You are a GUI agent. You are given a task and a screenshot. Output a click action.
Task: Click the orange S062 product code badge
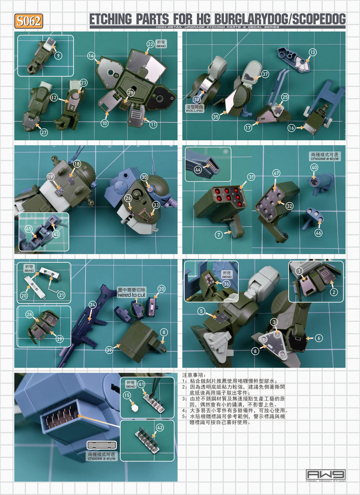point(29,21)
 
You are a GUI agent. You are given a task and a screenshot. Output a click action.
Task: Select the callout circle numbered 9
point(58,56)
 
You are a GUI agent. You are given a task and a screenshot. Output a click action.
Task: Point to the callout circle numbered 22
point(150,44)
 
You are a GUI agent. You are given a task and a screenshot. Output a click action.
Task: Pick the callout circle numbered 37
point(265,74)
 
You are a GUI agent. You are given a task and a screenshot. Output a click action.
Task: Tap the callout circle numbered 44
point(198,169)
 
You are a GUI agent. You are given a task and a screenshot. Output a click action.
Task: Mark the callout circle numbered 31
point(251,176)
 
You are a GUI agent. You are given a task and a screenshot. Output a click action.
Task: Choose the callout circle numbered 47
point(276,173)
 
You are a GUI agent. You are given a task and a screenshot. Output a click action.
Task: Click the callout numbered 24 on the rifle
point(93,305)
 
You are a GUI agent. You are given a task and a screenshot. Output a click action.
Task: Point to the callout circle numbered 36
point(226,283)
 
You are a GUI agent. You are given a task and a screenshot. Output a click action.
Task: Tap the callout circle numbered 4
point(256,351)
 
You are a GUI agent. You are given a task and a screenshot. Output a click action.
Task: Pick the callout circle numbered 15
point(127,395)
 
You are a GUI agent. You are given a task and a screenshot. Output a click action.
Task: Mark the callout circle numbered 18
point(77,164)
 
